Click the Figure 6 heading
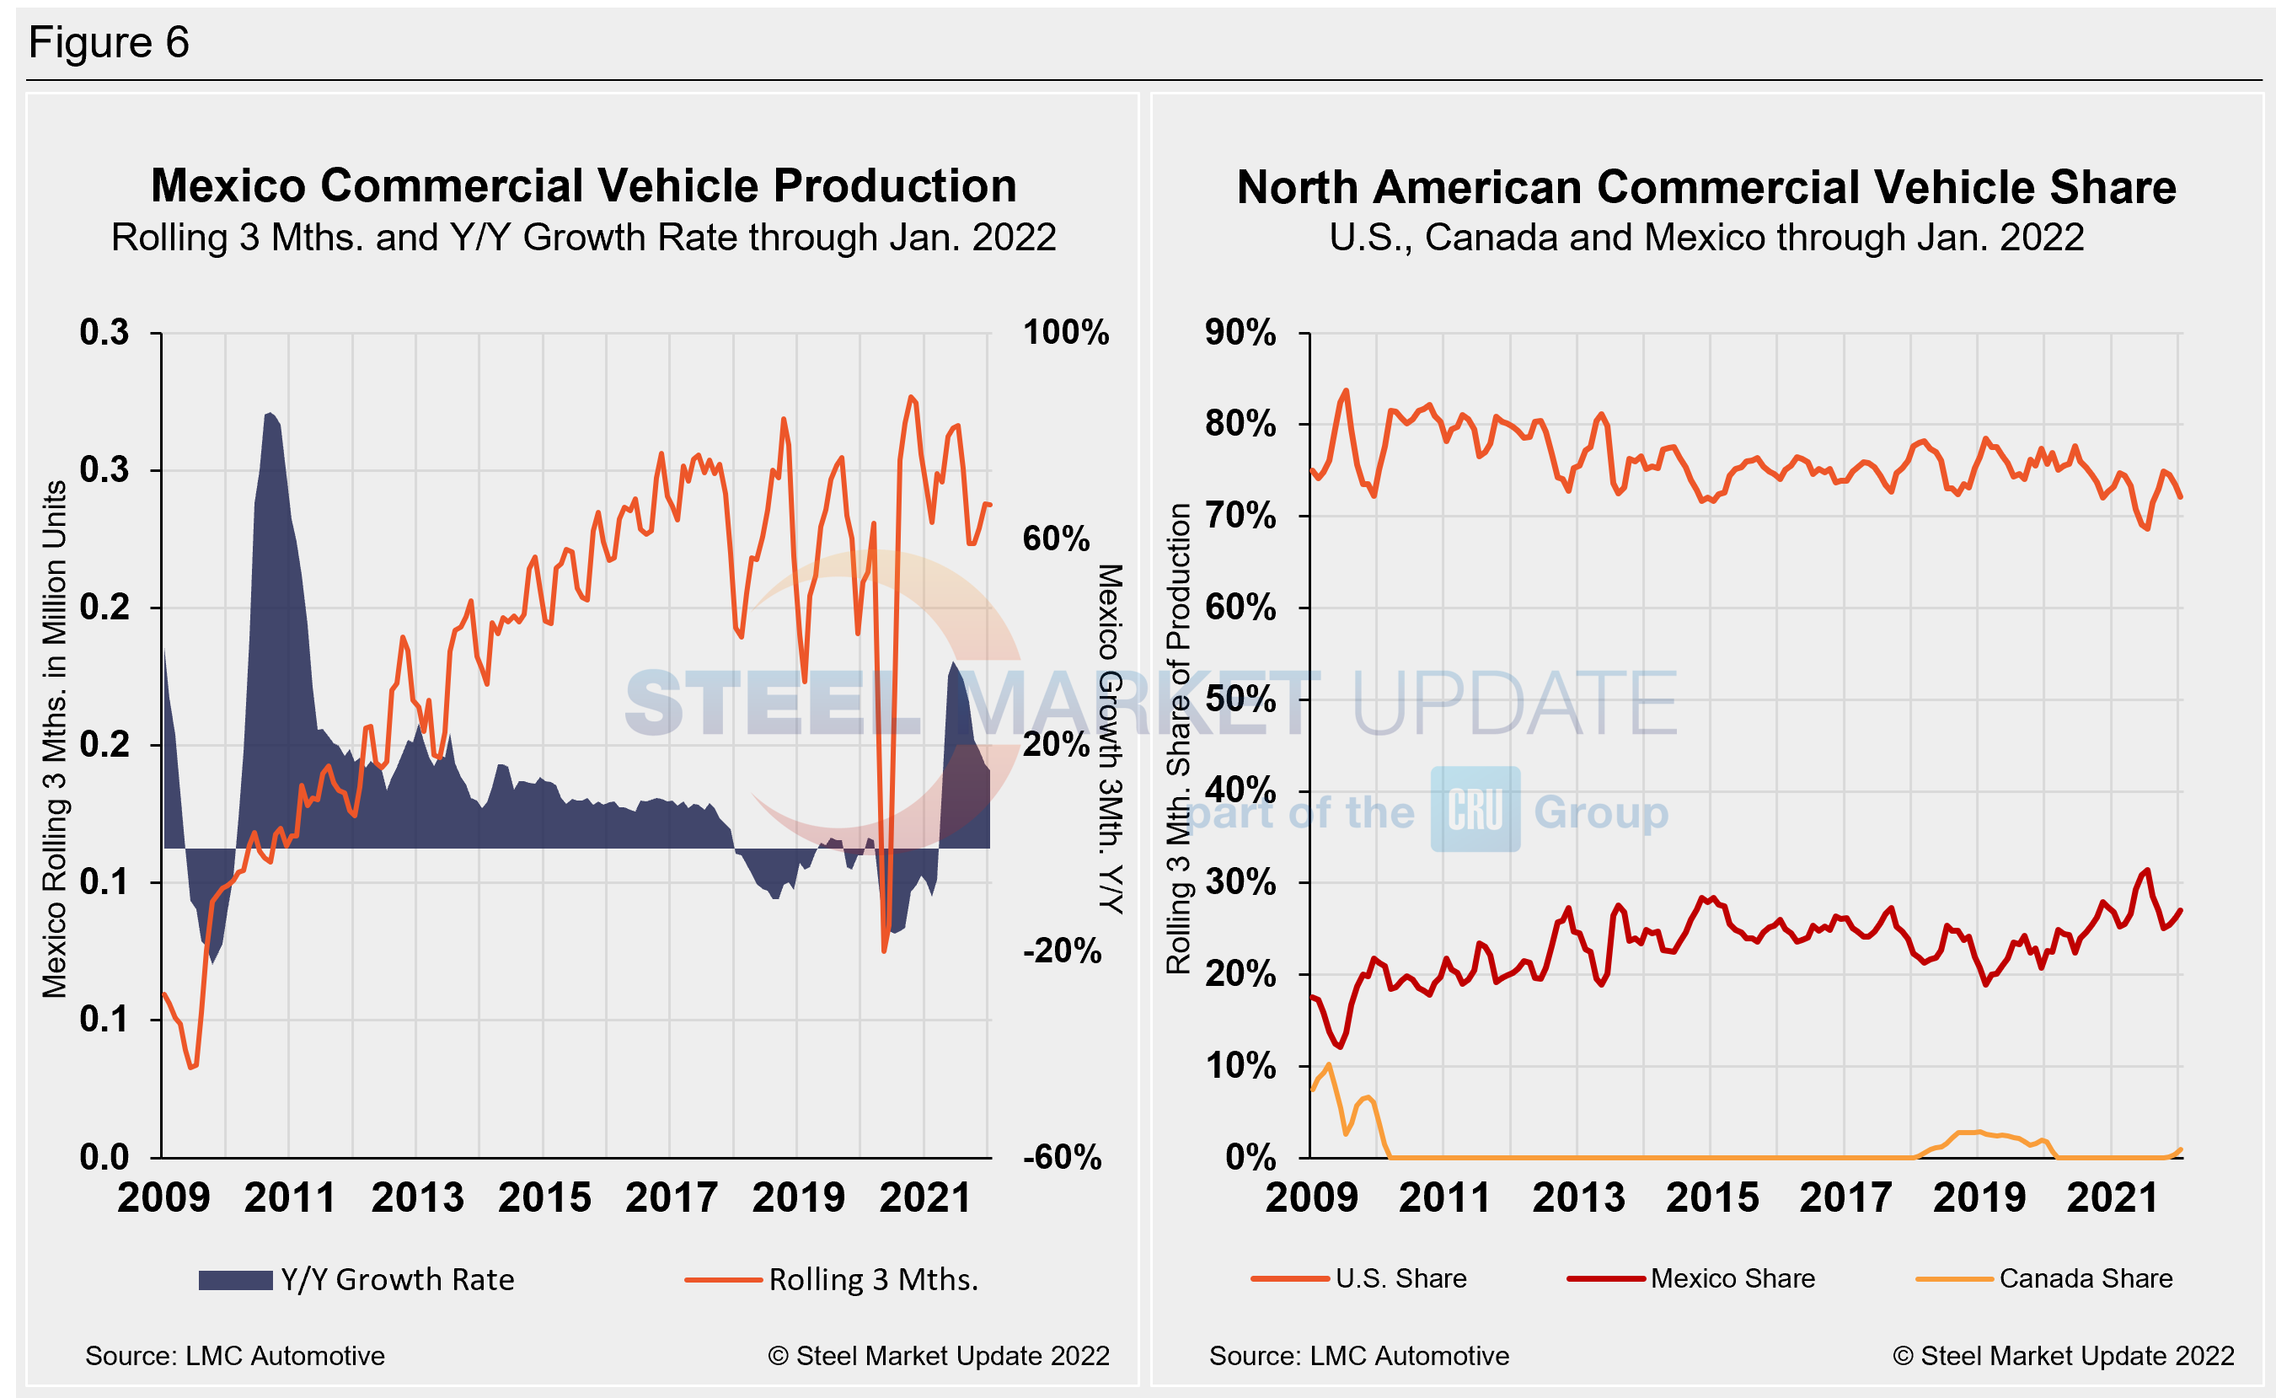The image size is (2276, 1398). [108, 42]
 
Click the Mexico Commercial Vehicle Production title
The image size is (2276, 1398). [583, 186]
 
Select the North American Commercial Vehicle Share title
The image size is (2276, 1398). [1706, 188]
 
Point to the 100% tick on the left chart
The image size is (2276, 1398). [1065, 333]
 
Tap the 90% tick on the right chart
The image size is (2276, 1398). [1240, 333]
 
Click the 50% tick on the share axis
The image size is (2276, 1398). [1240, 700]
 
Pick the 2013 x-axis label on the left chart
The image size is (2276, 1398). [417, 1198]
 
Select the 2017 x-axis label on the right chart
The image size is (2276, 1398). [1845, 1198]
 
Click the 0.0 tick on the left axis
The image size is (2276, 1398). [104, 1158]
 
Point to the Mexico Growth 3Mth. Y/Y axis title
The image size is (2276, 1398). [1109, 740]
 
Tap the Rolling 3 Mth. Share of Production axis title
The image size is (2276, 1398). [1178, 740]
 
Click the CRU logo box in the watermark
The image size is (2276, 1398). [1475, 810]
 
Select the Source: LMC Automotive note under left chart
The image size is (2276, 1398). [235, 1357]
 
